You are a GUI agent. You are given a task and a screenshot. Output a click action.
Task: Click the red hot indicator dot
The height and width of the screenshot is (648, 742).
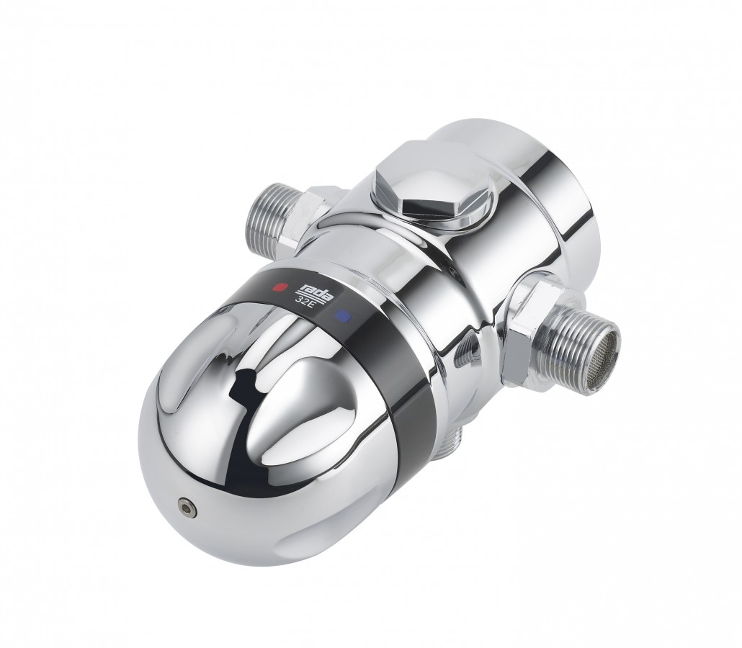282,287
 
